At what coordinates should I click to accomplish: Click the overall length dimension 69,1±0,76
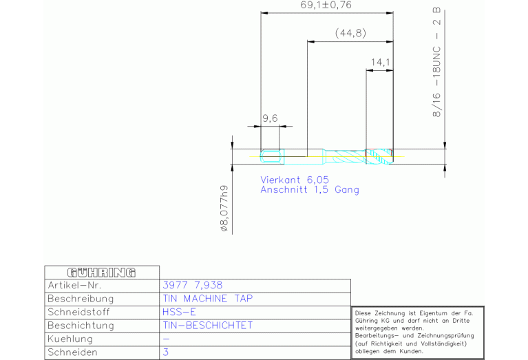click(x=326, y=5)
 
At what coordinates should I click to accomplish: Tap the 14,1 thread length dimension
click(x=381, y=63)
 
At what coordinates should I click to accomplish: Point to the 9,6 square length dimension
click(x=270, y=118)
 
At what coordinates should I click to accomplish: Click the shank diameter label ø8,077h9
click(x=224, y=208)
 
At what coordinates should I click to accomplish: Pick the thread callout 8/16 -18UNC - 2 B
click(x=436, y=63)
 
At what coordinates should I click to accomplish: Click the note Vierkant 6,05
click(x=295, y=180)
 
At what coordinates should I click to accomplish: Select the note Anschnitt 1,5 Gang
click(x=310, y=189)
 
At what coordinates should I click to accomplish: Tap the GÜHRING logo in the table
click(x=101, y=273)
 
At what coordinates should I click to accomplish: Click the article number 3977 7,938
click(x=193, y=285)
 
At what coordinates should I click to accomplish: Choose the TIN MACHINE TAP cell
click(x=208, y=299)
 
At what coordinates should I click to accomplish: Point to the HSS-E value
click(x=179, y=312)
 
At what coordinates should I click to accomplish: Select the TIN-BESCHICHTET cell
click(x=208, y=326)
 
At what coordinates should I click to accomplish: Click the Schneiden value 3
click(x=166, y=352)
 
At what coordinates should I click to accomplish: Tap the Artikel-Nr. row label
click(x=74, y=285)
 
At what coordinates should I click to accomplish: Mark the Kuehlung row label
click(x=70, y=339)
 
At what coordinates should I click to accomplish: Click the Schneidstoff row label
click(x=78, y=312)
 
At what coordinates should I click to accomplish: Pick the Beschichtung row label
click(x=81, y=326)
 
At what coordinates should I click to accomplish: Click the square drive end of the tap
click(x=271, y=156)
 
